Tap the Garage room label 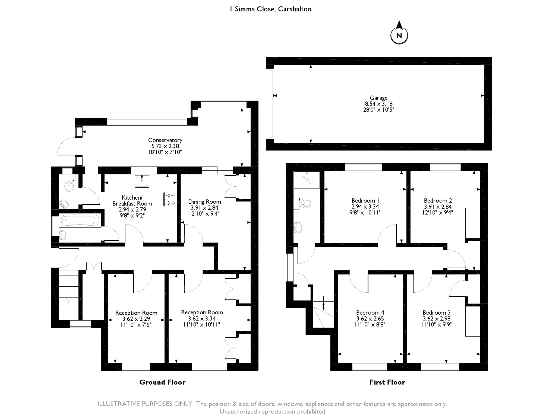point(378,98)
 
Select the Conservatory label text point(165,140)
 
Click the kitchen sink point(142,181)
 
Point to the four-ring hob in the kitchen point(170,199)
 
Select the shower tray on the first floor point(307,180)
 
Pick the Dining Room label point(204,202)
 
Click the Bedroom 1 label point(365,201)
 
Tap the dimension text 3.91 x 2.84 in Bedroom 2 point(438,207)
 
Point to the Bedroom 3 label point(436,313)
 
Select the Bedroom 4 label point(370,313)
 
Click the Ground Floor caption point(162,382)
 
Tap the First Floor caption point(387,382)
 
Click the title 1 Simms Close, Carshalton point(270,9)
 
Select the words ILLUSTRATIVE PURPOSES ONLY point(145,404)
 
